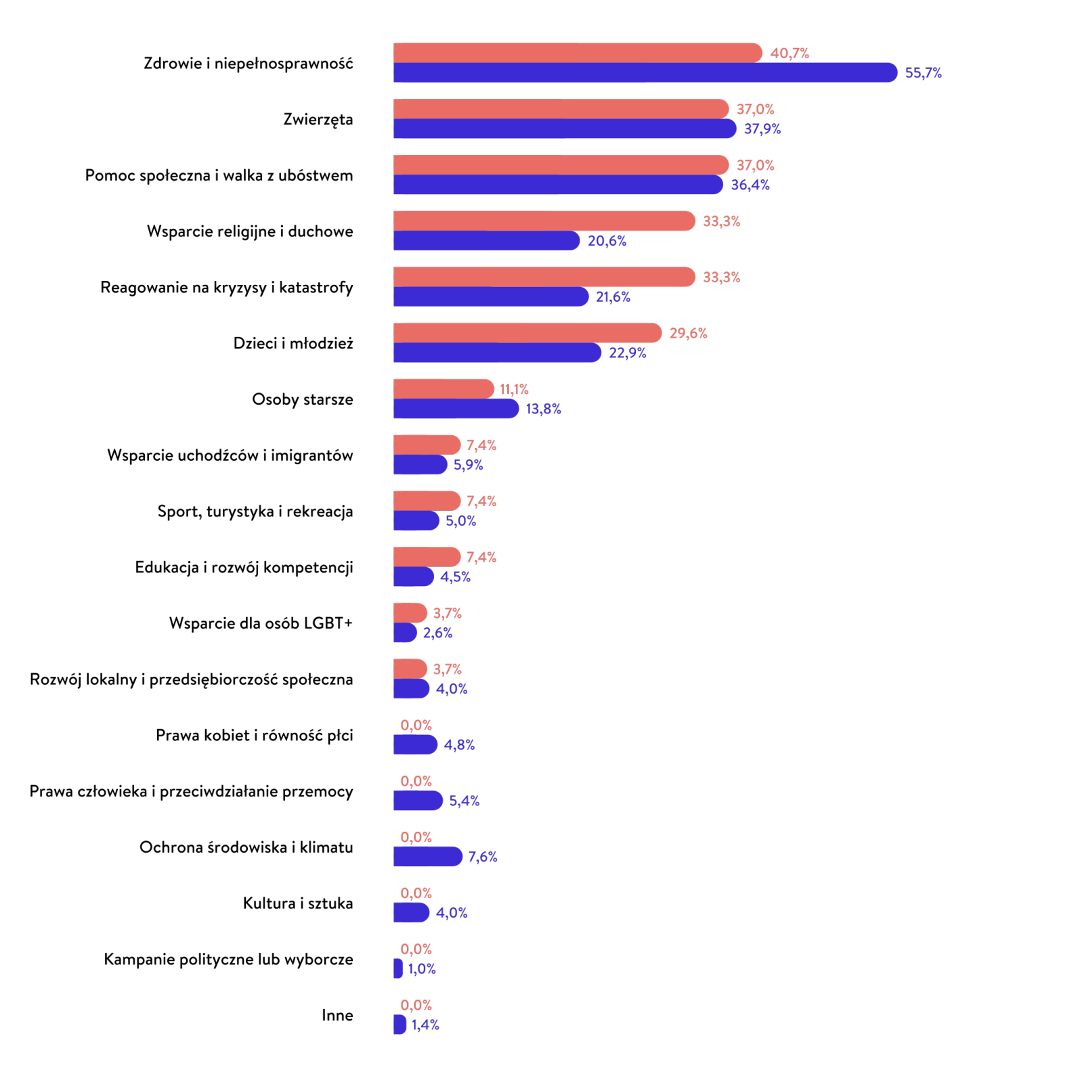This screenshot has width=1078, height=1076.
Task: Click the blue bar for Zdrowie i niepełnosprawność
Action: [x=645, y=72]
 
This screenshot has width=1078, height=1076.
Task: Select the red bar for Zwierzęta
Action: [x=561, y=109]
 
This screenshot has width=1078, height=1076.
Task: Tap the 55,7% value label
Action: [x=923, y=73]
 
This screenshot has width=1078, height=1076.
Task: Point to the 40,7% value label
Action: [x=790, y=53]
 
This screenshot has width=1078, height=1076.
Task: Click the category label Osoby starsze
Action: [x=302, y=399]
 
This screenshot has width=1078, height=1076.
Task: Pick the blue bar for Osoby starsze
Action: [x=456, y=409]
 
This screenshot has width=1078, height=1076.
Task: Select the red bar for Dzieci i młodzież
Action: [x=527, y=333]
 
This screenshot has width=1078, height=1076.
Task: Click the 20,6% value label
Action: [x=607, y=241]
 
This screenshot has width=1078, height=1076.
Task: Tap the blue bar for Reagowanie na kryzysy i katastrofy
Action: [x=490, y=296]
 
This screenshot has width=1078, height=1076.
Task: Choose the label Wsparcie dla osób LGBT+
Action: [x=261, y=623]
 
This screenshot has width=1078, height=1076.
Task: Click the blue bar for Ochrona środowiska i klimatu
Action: [x=427, y=857]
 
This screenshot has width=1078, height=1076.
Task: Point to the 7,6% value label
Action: [x=483, y=857]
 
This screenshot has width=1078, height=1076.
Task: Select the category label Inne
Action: [x=337, y=1015]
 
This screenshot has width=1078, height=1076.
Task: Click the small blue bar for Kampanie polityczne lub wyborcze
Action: [x=398, y=968]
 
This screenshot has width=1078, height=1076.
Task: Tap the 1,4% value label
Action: [x=425, y=1025]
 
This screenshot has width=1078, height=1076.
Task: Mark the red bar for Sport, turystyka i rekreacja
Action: [x=427, y=501]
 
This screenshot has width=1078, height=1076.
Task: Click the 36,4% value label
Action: [x=750, y=185]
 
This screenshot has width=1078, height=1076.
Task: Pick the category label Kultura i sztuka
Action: [x=298, y=903]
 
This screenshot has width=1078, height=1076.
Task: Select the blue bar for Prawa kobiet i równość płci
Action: [x=415, y=744]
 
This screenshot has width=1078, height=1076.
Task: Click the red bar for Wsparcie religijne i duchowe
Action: [x=544, y=221]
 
